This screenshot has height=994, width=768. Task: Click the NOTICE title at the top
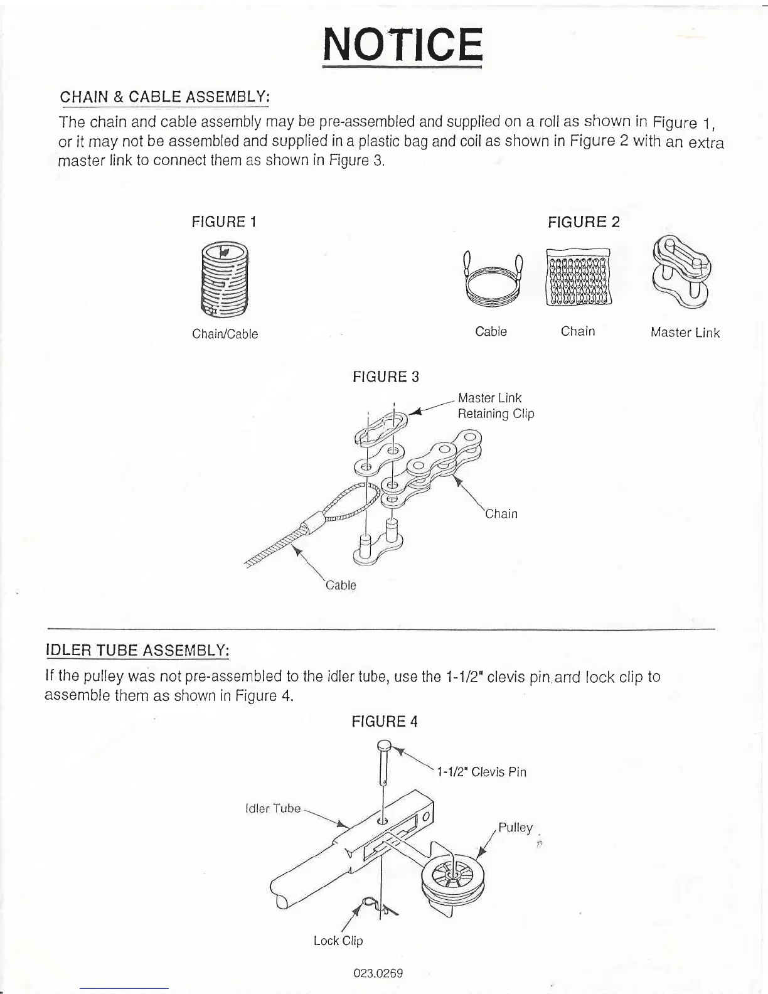pyautogui.click(x=402, y=45)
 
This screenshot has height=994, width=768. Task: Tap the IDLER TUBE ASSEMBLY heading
pyautogui.click(x=137, y=649)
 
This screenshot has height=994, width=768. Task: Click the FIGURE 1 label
pyautogui.click(x=224, y=222)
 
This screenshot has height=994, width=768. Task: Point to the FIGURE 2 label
pyautogui.click(x=584, y=222)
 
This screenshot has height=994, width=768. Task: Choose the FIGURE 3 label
pyautogui.click(x=386, y=377)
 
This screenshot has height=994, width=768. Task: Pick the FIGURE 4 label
pyautogui.click(x=385, y=722)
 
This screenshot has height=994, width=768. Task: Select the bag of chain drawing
pyautogui.click(x=578, y=277)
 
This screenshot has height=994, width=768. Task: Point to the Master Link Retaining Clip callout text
pyautogui.click(x=496, y=406)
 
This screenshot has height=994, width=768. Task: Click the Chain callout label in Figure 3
pyautogui.click(x=502, y=514)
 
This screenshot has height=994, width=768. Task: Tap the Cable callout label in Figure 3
pyautogui.click(x=341, y=585)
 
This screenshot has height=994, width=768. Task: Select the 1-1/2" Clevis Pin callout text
pyautogui.click(x=481, y=772)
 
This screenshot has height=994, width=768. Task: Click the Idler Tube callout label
pyautogui.click(x=273, y=808)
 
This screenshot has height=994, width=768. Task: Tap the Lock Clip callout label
pyautogui.click(x=338, y=941)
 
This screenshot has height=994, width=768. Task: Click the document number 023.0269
pyautogui.click(x=378, y=973)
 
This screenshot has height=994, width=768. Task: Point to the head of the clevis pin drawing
pyautogui.click(x=385, y=746)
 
